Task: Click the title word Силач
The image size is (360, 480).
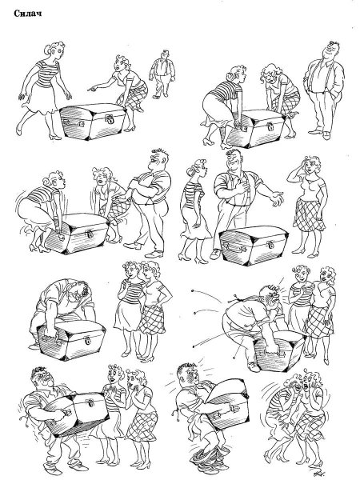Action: tap(27, 14)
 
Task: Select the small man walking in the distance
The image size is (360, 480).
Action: tap(162, 74)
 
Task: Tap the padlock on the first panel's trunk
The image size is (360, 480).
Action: tap(110, 118)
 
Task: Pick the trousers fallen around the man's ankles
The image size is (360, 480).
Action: tap(210, 457)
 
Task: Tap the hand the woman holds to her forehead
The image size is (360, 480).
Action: tap(305, 162)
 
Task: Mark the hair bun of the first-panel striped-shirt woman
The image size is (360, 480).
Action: tap(48, 50)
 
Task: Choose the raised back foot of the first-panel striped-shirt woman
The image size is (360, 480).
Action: tap(19, 128)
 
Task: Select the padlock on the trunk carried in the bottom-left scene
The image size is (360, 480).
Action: tap(90, 403)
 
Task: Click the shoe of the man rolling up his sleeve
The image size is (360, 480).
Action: tap(154, 254)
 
